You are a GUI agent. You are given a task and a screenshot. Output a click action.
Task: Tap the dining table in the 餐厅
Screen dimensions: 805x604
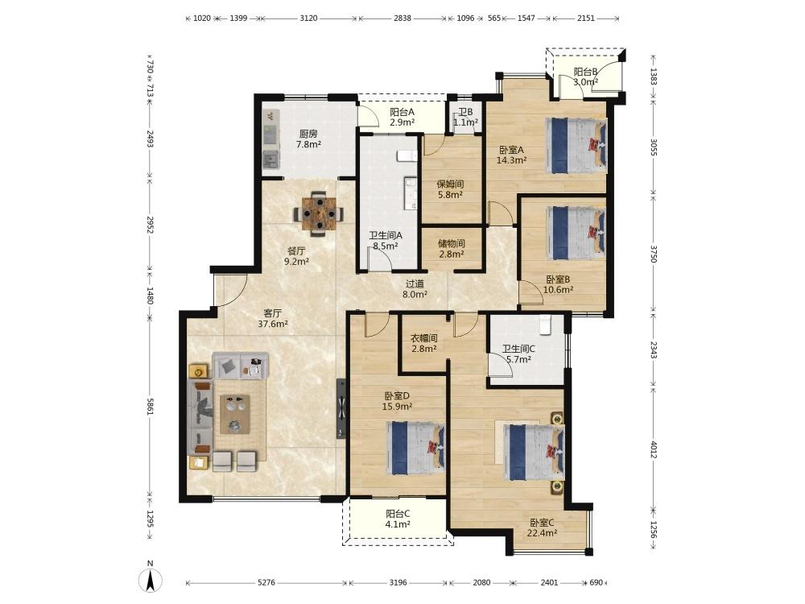(319, 213)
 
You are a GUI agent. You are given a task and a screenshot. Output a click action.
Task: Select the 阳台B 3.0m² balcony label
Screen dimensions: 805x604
(585, 77)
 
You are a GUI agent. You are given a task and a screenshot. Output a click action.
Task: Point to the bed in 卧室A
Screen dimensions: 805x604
(576, 146)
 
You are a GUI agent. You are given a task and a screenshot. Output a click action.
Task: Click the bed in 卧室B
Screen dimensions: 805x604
(576, 234)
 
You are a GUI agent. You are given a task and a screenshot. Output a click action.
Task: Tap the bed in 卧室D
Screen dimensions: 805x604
(415, 448)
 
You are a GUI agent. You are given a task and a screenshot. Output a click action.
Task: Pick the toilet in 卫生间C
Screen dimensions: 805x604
(545, 325)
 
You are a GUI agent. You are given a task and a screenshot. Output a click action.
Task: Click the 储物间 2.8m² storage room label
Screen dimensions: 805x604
(452, 249)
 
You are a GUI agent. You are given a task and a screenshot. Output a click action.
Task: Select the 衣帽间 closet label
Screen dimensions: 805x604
(424, 338)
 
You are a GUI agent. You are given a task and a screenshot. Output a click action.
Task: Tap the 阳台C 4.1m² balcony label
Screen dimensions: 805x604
(398, 519)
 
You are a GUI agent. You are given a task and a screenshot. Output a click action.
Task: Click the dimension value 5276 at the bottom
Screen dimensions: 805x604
(266, 582)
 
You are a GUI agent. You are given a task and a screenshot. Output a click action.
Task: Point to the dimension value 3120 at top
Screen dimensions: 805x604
(308, 18)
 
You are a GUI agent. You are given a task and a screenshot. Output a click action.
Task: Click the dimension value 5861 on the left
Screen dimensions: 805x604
(151, 406)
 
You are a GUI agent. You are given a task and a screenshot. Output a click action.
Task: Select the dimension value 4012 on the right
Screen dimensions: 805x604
(654, 449)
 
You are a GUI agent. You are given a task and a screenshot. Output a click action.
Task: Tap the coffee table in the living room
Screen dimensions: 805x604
(235, 414)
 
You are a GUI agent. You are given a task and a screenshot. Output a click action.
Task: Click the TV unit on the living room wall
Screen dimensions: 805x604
(341, 409)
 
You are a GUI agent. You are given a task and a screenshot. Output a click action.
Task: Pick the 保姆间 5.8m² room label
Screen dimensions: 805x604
(450, 189)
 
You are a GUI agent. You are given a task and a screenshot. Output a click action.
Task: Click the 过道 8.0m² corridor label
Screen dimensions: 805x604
(415, 289)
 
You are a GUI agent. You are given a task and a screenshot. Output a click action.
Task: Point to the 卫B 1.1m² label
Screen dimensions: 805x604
(465, 117)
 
